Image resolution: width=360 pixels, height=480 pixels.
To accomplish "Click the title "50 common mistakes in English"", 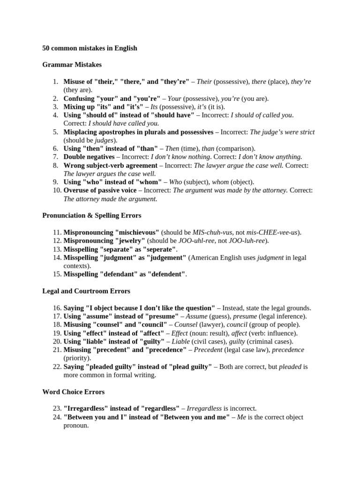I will click(x=90, y=48).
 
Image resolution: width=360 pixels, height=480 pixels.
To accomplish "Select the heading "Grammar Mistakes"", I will click(x=72, y=65).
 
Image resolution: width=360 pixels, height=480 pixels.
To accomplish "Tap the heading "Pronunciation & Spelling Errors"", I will click(x=91, y=216).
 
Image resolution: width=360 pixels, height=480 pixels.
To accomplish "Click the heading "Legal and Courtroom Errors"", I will click(x=86, y=291).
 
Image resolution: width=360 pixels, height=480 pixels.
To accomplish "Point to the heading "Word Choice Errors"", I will click(x=73, y=391).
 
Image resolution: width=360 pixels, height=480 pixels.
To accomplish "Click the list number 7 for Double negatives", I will click(x=55, y=157).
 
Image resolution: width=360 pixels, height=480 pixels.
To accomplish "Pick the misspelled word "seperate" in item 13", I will click(x=159, y=249).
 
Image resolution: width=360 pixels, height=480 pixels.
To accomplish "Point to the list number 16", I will click(x=54, y=308).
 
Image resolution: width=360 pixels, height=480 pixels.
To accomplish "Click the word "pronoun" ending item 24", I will click(x=76, y=425).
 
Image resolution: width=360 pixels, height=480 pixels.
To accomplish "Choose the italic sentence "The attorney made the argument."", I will click(x=110, y=199).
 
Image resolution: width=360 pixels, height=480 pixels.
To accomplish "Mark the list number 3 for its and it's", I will click(x=55, y=106).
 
